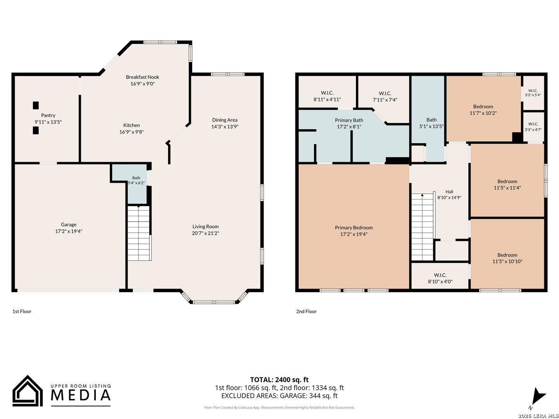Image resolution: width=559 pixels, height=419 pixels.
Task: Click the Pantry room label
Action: [x=48, y=116]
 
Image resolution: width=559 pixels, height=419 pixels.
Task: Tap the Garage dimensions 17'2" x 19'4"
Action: [x=69, y=231]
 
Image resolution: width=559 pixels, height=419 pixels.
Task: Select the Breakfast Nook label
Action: [x=142, y=77]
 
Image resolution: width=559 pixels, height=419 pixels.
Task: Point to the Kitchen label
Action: [x=132, y=125]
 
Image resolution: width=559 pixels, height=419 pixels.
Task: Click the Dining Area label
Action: [x=225, y=120]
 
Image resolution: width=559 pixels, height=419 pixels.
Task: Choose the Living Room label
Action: [x=205, y=227]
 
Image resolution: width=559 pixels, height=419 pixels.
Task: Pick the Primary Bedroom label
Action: [x=354, y=228]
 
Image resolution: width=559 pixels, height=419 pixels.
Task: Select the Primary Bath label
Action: [x=349, y=120]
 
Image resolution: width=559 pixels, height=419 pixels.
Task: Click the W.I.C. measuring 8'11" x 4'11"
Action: [x=327, y=96]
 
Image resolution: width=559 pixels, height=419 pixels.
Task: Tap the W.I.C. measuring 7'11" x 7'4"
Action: [x=385, y=97]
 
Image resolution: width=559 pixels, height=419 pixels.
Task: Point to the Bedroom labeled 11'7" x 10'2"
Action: [x=483, y=110]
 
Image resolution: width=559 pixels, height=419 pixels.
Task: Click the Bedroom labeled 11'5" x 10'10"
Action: [x=507, y=258]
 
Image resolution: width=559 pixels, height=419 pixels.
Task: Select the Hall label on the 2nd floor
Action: [x=449, y=192]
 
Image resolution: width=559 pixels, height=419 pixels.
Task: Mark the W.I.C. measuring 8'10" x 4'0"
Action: [x=440, y=278]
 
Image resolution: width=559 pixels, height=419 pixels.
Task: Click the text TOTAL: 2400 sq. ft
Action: [x=279, y=380]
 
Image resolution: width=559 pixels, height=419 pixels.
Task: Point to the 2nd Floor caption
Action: [x=306, y=312]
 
